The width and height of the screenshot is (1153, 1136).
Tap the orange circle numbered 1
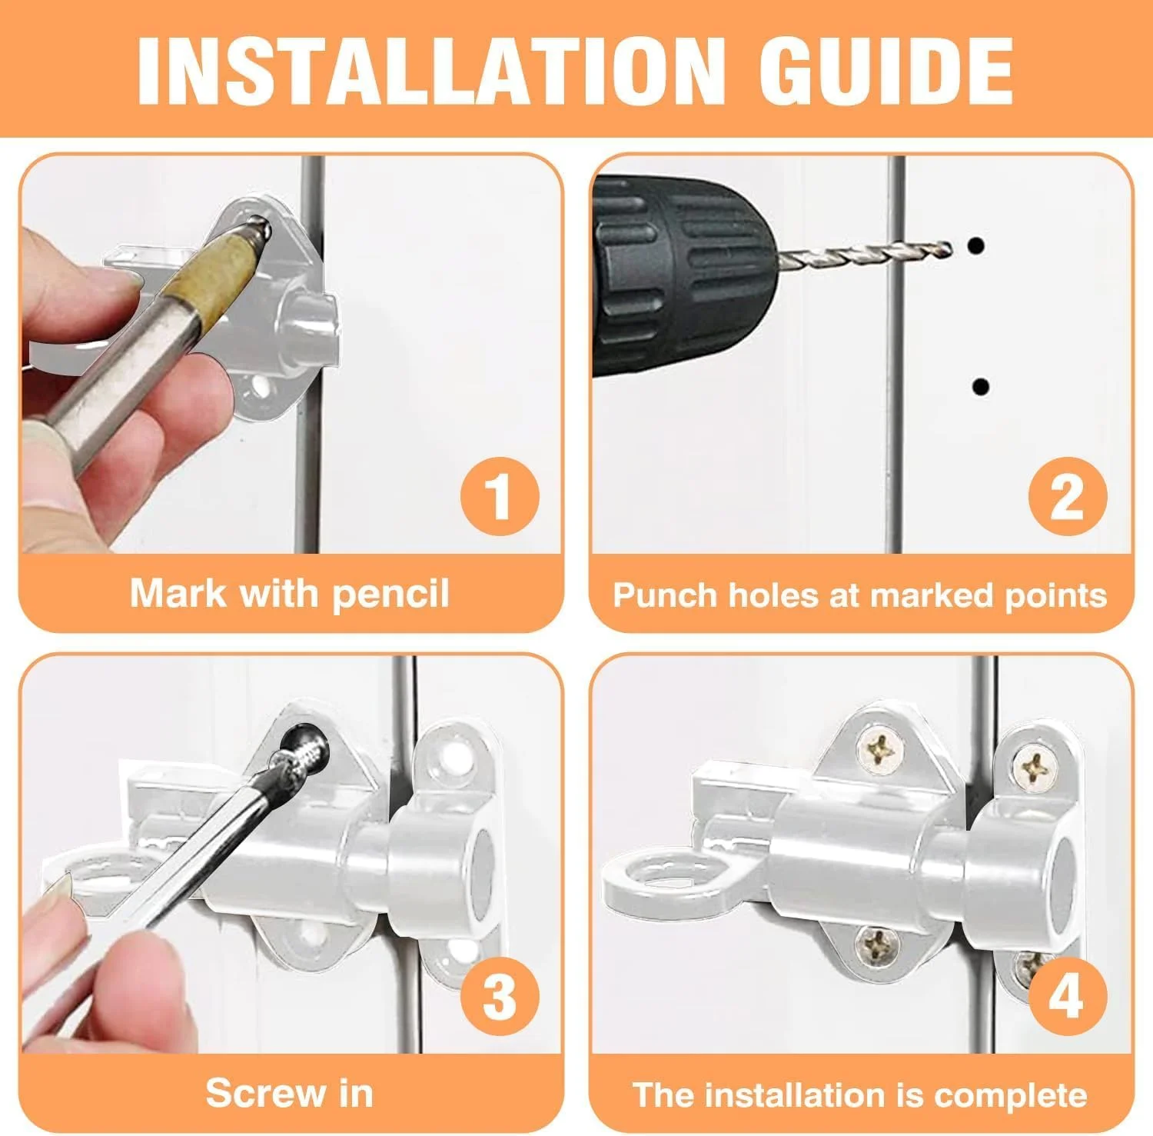500,497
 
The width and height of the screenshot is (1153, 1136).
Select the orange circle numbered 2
1068,497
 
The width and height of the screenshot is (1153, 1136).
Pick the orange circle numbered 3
500,997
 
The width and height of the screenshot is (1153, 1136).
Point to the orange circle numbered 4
1068,997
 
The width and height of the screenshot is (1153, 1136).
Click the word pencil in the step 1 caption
390,595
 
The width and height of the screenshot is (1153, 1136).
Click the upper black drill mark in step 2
977,247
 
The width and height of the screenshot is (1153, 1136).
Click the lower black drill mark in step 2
980,387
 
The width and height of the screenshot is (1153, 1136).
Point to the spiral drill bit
865,253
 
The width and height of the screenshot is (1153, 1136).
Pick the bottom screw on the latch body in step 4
878,946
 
